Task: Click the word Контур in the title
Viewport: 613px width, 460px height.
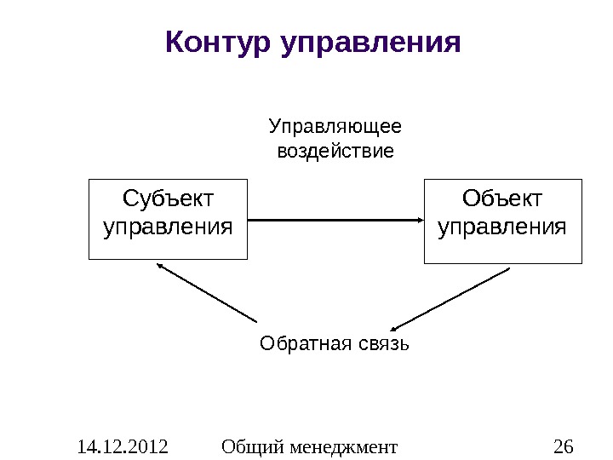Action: tap(217, 41)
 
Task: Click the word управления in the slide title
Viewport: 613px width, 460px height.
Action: tap(370, 42)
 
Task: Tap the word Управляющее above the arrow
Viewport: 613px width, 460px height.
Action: tap(335, 128)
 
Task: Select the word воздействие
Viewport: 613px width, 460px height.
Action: tap(336, 152)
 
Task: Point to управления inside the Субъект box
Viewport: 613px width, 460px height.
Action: tap(168, 228)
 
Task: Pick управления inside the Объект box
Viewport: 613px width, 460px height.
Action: tap(502, 228)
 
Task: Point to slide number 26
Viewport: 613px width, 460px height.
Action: tap(563, 446)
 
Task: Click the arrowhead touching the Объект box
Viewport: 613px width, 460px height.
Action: tap(420, 220)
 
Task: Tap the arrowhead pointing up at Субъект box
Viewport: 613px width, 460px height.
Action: tap(161, 266)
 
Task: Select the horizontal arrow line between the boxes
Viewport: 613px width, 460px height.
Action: tap(332, 220)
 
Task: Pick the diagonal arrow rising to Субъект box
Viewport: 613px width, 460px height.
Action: tap(209, 294)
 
